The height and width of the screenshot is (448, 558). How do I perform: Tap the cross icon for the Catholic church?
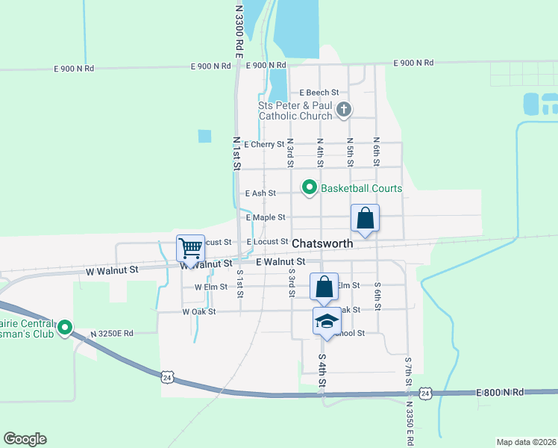[343, 110]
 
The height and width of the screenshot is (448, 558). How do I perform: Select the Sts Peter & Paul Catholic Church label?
[295, 111]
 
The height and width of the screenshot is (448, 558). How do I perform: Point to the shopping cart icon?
[190, 248]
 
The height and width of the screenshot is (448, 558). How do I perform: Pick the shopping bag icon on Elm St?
[325, 286]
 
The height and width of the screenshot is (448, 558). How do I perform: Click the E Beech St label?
[319, 93]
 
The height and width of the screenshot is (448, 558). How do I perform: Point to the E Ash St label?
[260, 193]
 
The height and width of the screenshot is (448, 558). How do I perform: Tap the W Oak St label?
[198, 311]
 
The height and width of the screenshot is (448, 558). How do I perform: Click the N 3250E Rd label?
[112, 333]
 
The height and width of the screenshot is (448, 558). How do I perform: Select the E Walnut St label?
[281, 262]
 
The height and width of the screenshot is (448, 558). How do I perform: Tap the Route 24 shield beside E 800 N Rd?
[424, 393]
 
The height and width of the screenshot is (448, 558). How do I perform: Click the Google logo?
[25, 439]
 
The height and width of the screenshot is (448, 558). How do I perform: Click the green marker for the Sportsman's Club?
[66, 326]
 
